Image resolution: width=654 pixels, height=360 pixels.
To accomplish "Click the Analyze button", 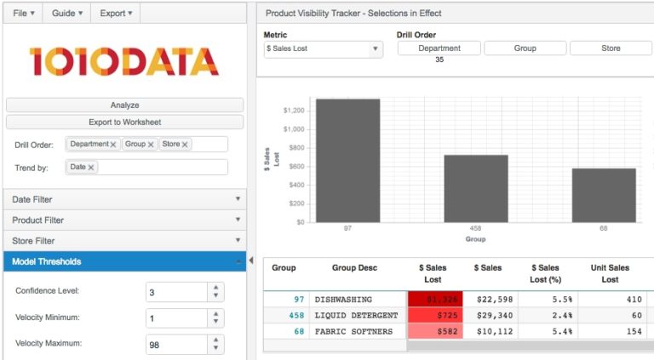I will click(124, 105).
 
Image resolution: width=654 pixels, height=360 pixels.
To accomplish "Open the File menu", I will click(24, 13).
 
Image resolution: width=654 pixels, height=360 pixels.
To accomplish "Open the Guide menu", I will click(68, 13).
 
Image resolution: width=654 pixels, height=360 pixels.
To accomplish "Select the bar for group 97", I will click(347, 160).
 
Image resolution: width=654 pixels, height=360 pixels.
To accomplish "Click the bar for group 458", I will click(475, 188).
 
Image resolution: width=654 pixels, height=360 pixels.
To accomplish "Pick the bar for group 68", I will click(603, 195).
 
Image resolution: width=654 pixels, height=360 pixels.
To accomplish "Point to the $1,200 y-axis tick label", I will click(293, 111).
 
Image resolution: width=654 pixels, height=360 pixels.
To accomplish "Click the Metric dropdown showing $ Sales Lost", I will click(323, 49).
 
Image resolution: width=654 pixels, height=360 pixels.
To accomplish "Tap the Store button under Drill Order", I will click(611, 49).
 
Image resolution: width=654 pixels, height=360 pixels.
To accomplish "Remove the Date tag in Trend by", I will click(91, 168).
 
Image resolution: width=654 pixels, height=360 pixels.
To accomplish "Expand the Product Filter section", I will click(124, 220).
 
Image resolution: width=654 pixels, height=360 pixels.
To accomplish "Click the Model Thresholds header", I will click(124, 261).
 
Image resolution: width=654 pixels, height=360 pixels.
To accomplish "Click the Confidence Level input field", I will click(176, 292).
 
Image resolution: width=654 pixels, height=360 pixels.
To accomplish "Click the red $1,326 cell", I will click(434, 300).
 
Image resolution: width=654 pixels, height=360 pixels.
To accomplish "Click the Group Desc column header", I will click(354, 268).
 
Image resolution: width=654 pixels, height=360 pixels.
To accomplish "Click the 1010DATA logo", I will click(124, 61).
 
